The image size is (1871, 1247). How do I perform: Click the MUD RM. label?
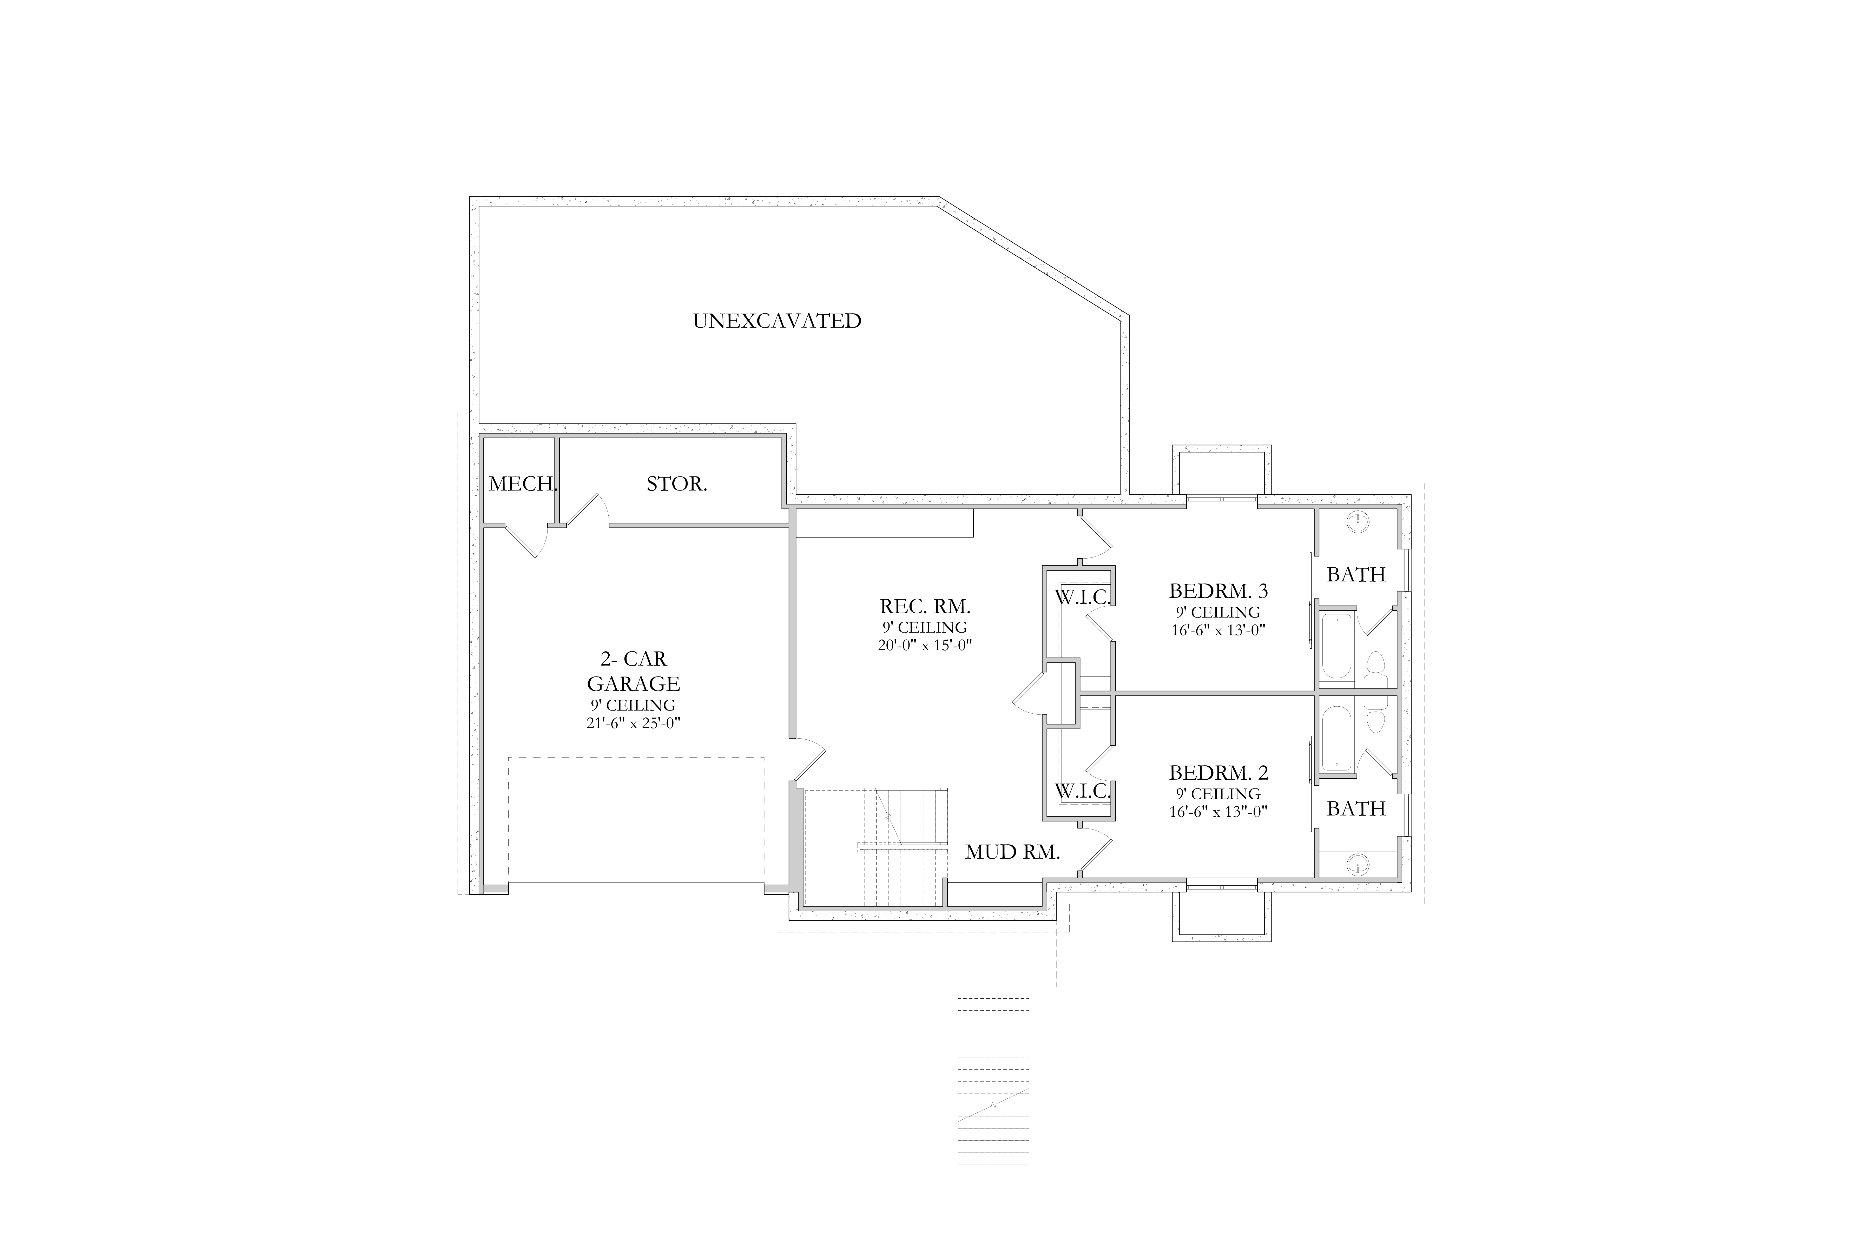(1013, 853)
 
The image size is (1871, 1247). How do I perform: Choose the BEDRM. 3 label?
(1218, 591)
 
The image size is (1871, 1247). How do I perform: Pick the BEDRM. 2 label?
(1218, 772)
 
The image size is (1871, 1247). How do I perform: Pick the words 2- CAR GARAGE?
(633, 671)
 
